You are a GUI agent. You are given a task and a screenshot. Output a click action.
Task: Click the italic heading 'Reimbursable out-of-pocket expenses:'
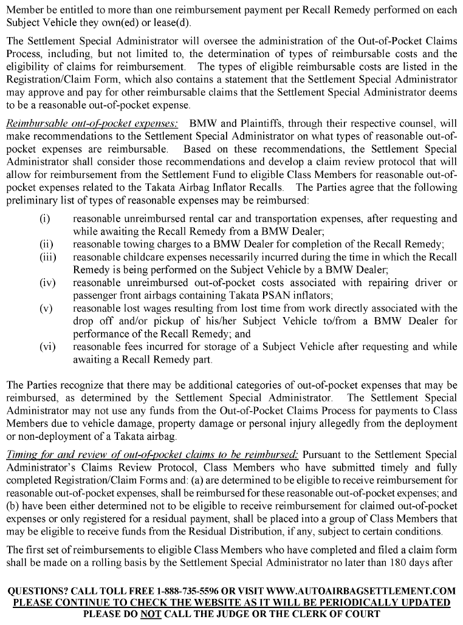[92, 123]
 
